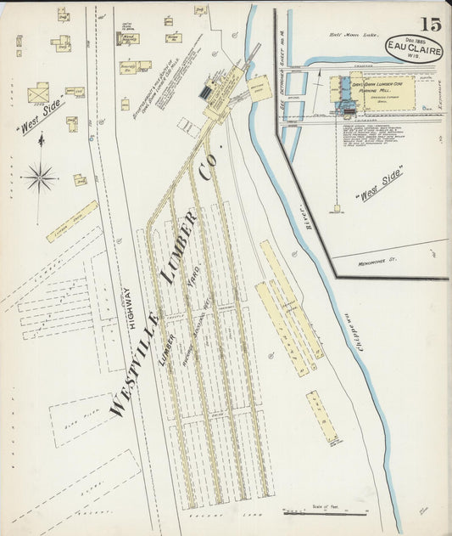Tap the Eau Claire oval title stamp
(x=413, y=48)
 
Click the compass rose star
(x=39, y=178)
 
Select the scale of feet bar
(x=326, y=512)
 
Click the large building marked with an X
(x=38, y=93)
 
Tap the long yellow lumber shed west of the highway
(x=72, y=221)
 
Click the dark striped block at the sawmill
(x=206, y=90)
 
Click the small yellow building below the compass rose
(x=79, y=180)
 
